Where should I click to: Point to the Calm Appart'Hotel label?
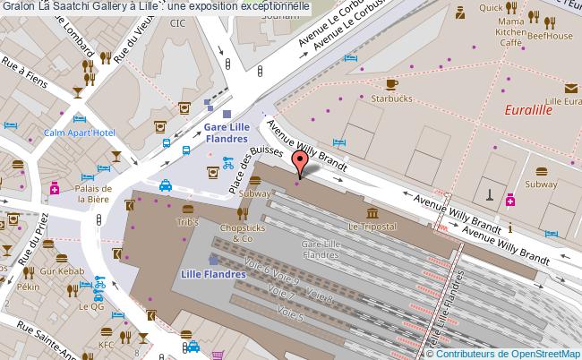[x=80, y=133]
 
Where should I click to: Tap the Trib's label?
[x=187, y=222]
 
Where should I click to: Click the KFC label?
[x=106, y=343]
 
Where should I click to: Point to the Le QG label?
[x=91, y=305]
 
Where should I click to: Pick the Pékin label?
[x=28, y=289]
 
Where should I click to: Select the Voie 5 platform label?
[x=291, y=313]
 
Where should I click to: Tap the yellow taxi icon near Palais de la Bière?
[x=166, y=186]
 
